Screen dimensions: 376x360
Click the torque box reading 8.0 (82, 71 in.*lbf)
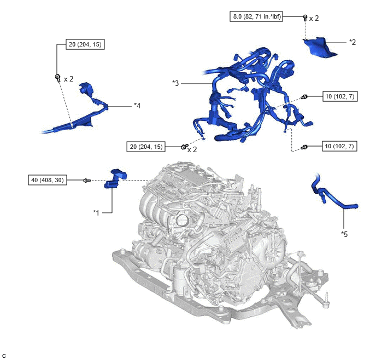256,16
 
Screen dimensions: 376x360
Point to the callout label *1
96,212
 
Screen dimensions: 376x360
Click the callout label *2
352,42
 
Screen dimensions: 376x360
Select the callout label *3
175,83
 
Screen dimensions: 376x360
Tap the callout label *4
137,106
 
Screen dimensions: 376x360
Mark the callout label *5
344,234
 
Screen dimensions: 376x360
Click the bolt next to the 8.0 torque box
305,18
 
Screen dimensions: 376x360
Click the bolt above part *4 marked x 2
57,78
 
